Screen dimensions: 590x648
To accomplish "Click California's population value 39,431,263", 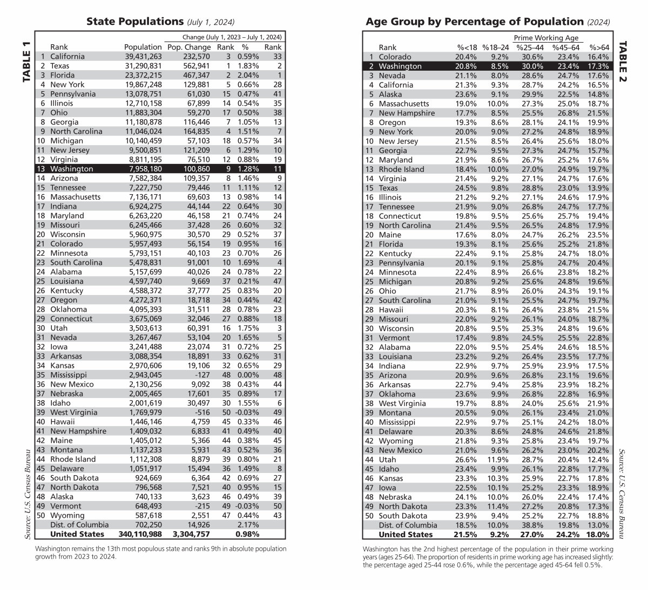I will click(143, 57).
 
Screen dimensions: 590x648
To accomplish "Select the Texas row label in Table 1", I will click(60, 66).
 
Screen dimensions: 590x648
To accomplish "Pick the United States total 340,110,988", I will click(139, 534).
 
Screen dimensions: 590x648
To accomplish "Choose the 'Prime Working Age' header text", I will click(545, 38).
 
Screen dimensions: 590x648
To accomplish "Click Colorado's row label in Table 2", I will click(395, 57).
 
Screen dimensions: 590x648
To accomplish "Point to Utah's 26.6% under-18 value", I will click(466, 459).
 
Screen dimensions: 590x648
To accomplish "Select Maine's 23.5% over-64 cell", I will click(598, 235).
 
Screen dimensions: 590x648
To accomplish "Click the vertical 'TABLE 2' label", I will click(623, 61).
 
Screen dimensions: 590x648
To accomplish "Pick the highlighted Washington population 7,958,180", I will click(143, 169).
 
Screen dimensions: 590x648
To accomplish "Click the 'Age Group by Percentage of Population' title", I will click(475, 22).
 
